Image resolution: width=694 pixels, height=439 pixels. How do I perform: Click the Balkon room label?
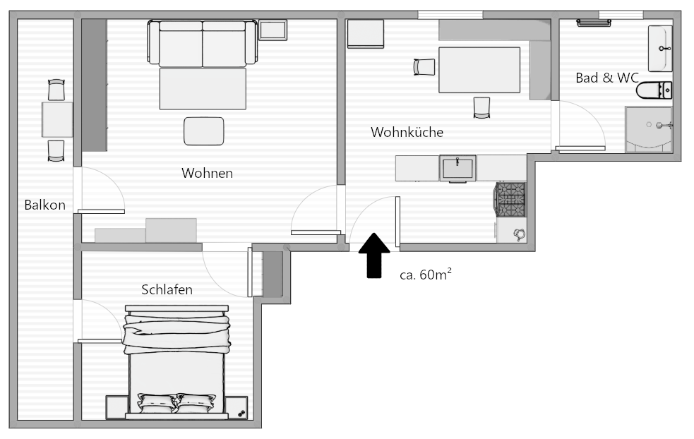(44, 205)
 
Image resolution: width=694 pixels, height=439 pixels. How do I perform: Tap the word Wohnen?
(207, 173)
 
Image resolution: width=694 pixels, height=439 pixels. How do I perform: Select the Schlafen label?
(167, 290)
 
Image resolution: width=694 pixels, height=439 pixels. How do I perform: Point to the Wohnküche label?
(407, 132)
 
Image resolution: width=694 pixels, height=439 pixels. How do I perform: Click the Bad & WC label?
(607, 78)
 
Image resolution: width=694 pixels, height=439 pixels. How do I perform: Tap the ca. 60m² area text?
(426, 275)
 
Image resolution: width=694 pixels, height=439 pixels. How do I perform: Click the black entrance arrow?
(374, 255)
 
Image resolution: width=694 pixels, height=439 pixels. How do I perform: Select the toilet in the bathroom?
(654, 90)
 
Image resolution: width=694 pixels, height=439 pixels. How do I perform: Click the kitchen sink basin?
(457, 168)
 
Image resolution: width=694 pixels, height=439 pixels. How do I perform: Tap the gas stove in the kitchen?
(510, 200)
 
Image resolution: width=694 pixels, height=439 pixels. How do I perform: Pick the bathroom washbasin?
(660, 48)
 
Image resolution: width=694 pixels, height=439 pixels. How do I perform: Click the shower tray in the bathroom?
(649, 129)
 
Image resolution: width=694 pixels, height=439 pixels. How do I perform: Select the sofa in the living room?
(202, 43)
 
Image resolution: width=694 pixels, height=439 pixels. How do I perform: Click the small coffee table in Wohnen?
(203, 131)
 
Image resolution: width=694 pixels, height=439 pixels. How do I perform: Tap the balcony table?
(57, 119)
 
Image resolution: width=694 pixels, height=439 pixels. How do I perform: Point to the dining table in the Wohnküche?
(479, 70)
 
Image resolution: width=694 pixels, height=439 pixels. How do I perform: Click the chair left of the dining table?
(424, 67)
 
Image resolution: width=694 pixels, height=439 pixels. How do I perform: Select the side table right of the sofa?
(273, 30)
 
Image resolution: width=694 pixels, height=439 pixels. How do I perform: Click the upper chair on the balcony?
(56, 90)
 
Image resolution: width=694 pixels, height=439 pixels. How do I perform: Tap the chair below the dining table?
(481, 107)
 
